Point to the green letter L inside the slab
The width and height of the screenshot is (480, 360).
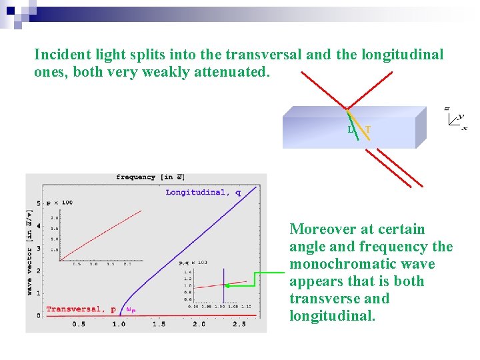351,129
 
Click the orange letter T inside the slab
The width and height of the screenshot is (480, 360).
368,129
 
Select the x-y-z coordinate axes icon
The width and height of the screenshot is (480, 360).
456,119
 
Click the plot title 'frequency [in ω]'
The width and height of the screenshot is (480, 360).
150,177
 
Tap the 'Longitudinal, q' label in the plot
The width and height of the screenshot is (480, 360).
203,193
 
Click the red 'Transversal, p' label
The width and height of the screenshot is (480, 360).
81,309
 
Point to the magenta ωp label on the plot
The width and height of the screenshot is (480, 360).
131,310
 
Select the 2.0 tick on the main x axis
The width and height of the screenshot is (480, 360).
199,324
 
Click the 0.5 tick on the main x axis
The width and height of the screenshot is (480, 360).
79,324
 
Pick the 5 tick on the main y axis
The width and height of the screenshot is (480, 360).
38,203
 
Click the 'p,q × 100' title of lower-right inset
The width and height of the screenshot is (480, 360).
193,263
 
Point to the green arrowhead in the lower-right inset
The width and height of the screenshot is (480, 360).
228,285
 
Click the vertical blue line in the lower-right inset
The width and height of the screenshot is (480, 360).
223,287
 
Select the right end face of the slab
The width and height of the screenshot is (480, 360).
421,127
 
